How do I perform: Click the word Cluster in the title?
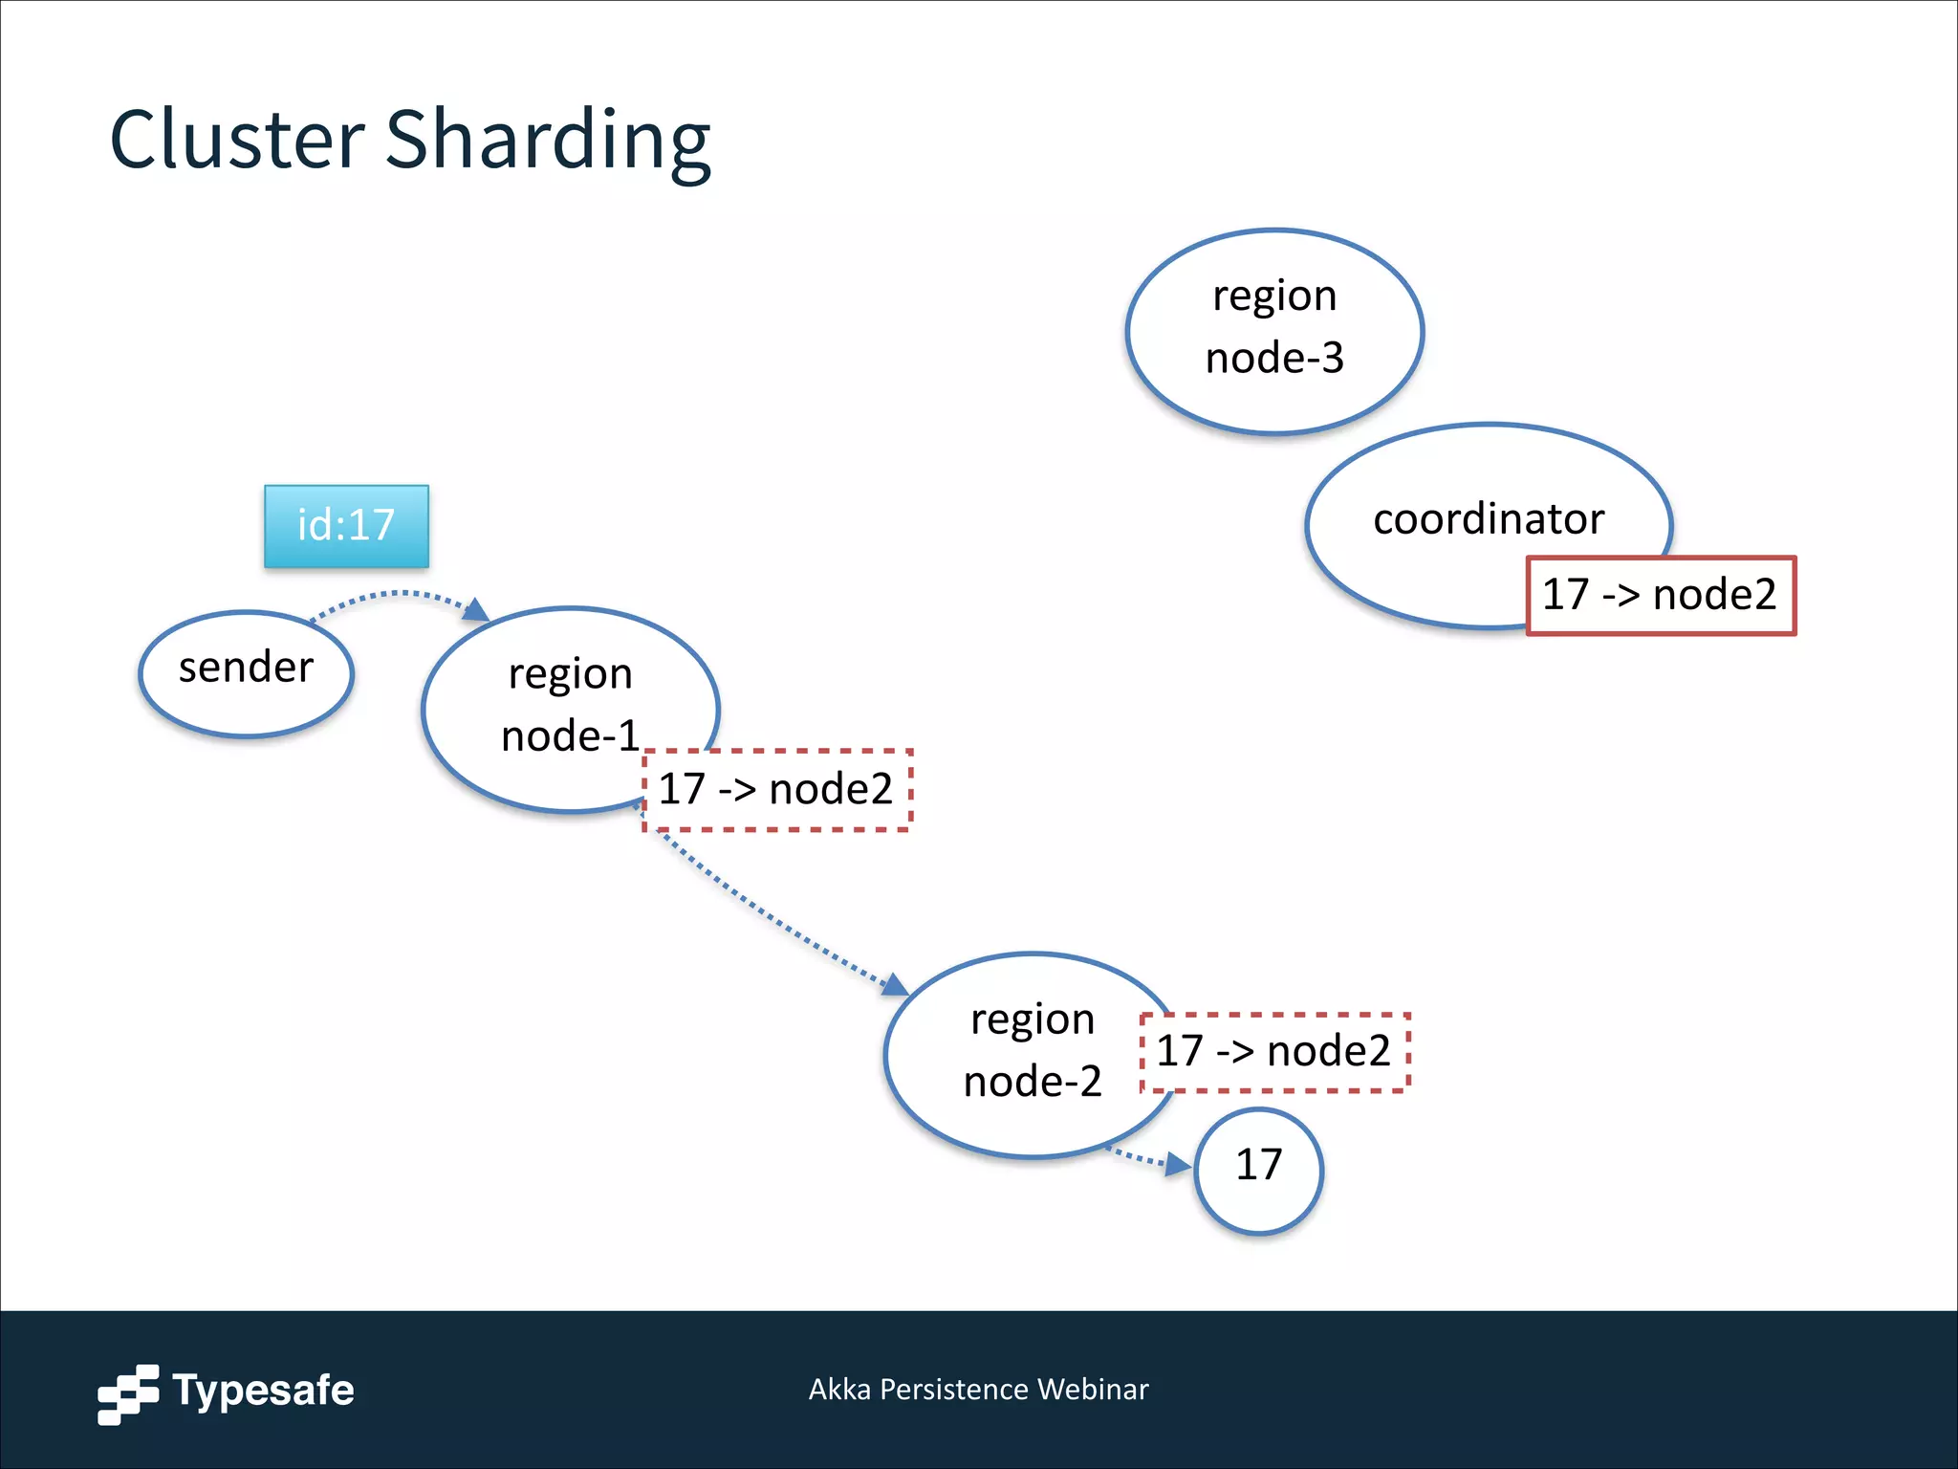(x=237, y=140)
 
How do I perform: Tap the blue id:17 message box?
(x=346, y=526)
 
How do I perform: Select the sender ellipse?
(x=246, y=673)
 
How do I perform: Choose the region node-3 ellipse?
(x=1274, y=330)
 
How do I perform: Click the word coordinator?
(x=1488, y=519)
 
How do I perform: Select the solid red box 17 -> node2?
(x=1661, y=595)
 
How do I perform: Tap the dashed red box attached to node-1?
(x=776, y=790)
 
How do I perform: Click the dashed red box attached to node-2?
(x=1274, y=1052)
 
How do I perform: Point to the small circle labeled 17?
(x=1258, y=1170)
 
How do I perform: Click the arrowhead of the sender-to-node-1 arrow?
(x=476, y=610)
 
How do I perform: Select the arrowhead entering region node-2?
(x=895, y=985)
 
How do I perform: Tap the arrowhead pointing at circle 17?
(x=1178, y=1165)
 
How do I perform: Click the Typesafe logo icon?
(x=128, y=1393)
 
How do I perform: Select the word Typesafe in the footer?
(x=263, y=1391)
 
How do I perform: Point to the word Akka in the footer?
(x=838, y=1389)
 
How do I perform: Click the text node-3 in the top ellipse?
(x=1274, y=359)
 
